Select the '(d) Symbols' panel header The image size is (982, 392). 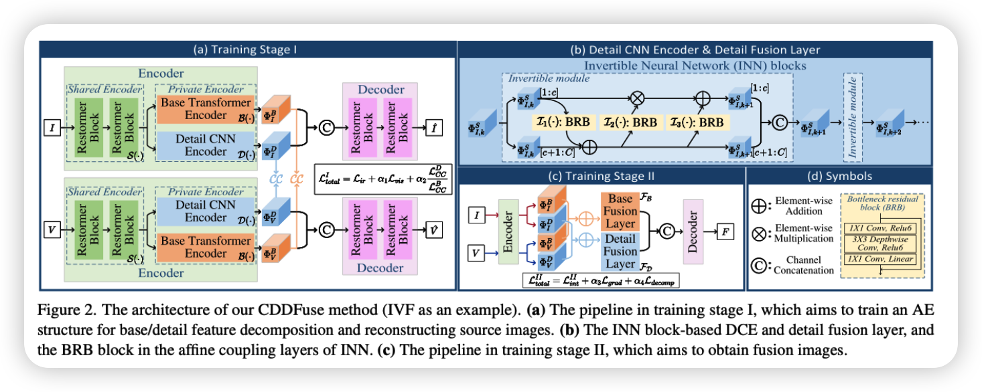point(837,177)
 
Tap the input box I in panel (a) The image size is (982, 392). point(50,125)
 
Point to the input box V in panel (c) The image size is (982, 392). point(475,253)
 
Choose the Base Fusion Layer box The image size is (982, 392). point(621,211)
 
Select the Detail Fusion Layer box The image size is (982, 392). point(621,251)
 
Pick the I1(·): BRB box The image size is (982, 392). point(564,122)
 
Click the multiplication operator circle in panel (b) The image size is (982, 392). point(637,98)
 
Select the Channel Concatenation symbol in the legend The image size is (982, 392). point(762,264)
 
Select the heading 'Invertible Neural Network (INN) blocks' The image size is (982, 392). point(695,66)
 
